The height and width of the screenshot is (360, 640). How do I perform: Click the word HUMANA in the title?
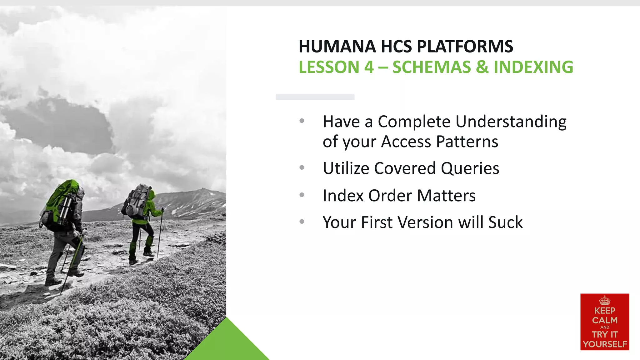click(337, 47)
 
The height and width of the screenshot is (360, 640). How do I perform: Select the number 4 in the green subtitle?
click(369, 67)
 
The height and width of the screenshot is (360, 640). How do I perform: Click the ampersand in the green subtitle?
click(482, 67)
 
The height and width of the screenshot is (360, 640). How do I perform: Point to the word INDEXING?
click(533, 67)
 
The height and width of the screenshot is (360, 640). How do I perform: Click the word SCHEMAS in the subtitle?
click(432, 67)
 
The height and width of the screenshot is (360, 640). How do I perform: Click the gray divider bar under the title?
click(315, 97)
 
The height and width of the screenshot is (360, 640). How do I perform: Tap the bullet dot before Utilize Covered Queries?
click(302, 167)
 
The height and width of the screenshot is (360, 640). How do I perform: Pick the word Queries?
click(470, 168)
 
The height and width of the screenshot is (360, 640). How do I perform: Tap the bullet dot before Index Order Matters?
click(302, 195)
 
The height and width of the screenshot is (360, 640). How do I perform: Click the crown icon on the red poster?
click(605, 301)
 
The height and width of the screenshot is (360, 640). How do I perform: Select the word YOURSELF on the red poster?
click(605, 344)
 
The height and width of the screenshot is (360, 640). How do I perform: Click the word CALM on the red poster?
click(605, 320)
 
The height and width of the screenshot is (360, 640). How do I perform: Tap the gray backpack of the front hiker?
click(137, 200)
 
